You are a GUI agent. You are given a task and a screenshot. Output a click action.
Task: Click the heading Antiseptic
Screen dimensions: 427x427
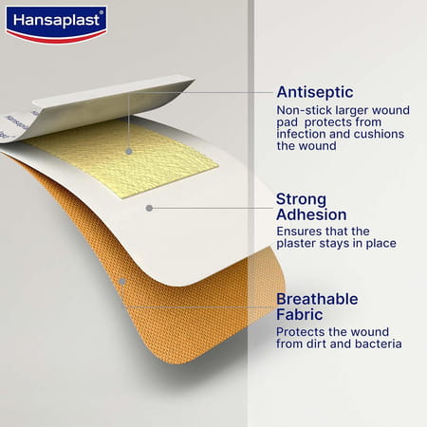[x=313, y=92]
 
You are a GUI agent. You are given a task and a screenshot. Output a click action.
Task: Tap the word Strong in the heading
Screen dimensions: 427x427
[x=301, y=199]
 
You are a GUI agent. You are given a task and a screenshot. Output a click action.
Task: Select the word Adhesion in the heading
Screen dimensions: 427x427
[x=311, y=215]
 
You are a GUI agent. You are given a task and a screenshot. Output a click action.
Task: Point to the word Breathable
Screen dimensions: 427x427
[x=317, y=299]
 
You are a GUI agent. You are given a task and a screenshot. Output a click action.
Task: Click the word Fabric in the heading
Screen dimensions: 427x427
[x=299, y=315]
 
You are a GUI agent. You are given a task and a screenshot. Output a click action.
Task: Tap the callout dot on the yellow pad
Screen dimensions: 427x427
[x=127, y=149]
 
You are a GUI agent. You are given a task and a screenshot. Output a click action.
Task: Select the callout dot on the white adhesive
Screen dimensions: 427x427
[x=149, y=207]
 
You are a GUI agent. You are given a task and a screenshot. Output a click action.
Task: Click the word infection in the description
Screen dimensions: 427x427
[x=301, y=134]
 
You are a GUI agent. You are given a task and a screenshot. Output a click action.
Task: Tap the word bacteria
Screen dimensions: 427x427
[x=378, y=344]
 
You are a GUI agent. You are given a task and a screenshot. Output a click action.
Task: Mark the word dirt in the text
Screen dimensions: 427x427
[x=325, y=344]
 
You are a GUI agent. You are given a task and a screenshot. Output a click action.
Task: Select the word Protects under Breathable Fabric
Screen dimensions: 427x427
[x=302, y=331]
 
